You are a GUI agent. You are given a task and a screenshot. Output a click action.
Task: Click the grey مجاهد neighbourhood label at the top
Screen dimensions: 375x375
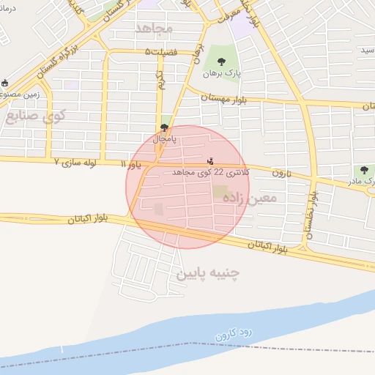click(154, 28)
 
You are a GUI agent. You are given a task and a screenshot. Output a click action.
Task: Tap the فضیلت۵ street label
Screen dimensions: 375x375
click(161, 52)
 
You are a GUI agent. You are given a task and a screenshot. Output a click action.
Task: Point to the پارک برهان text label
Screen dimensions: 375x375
click(222, 74)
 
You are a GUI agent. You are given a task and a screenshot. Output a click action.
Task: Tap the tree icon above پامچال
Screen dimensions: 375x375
click(164, 127)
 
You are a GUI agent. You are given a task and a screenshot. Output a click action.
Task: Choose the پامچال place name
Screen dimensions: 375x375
click(164, 138)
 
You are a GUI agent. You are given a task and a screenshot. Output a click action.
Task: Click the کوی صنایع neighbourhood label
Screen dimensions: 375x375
click(35, 115)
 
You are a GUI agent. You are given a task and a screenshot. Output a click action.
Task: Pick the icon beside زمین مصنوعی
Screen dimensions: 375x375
click(5, 83)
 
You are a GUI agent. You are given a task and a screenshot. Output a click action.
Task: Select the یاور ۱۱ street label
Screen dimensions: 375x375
click(133, 165)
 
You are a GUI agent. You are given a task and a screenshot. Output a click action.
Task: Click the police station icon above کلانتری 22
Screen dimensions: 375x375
click(211, 160)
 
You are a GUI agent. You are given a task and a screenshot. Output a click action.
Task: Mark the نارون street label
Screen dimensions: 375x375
click(282, 174)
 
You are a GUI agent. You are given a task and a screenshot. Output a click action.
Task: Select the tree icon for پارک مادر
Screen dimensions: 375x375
click(363, 170)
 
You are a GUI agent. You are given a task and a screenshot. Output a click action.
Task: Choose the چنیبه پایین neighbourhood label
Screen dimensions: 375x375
click(208, 273)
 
